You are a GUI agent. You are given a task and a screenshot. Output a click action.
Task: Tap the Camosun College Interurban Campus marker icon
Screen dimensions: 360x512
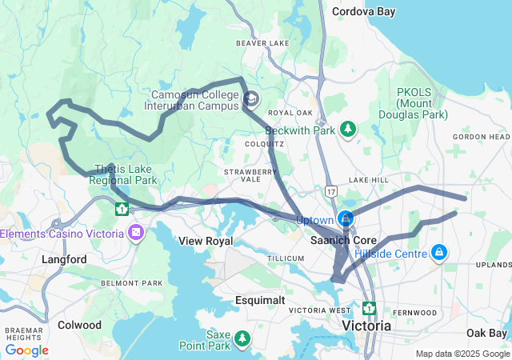click(x=252, y=99)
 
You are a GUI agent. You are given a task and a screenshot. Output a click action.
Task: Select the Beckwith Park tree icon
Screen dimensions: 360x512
click(x=348, y=129)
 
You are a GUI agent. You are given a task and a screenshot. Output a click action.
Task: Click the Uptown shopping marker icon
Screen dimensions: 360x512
click(x=346, y=218)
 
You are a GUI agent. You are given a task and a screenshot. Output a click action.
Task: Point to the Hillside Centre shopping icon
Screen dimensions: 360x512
click(x=438, y=253)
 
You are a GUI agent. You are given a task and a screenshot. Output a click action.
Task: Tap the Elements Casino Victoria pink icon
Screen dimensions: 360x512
click(x=136, y=233)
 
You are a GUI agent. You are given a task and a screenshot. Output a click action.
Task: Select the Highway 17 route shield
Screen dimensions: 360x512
click(x=331, y=192)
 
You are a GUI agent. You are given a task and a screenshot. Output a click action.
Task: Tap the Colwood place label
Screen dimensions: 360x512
click(x=79, y=325)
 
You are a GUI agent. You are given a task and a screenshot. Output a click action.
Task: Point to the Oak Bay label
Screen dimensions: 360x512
click(x=486, y=333)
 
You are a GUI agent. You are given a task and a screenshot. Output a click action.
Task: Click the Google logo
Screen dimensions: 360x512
click(x=27, y=350)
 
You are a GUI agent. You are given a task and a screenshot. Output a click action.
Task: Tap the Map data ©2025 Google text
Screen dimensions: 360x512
click(x=462, y=354)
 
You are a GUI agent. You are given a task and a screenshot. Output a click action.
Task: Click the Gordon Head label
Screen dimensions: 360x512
click(x=480, y=137)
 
